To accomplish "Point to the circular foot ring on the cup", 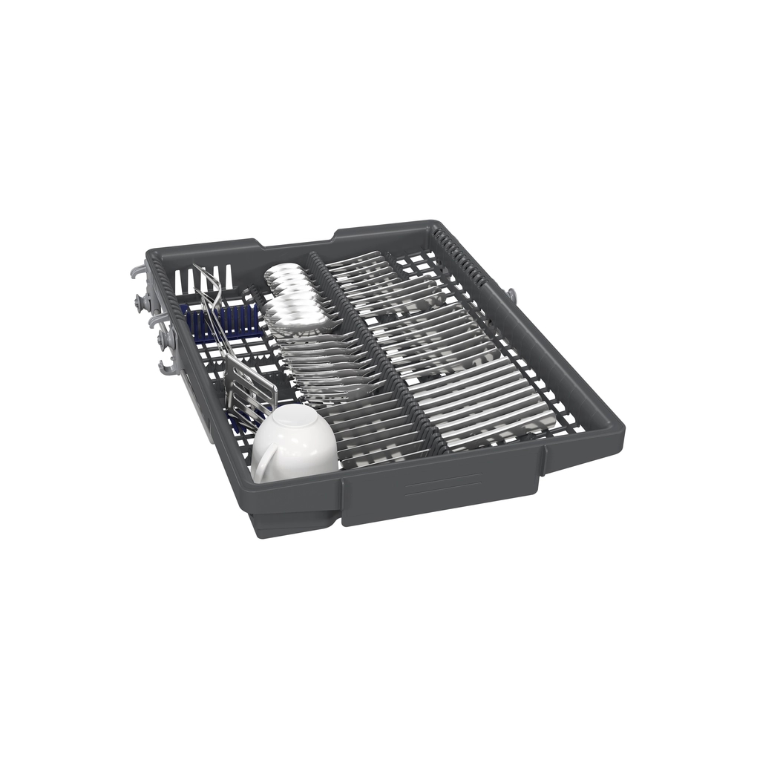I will (x=295, y=420).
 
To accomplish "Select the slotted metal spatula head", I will (x=249, y=387).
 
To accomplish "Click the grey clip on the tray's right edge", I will (x=511, y=295).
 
